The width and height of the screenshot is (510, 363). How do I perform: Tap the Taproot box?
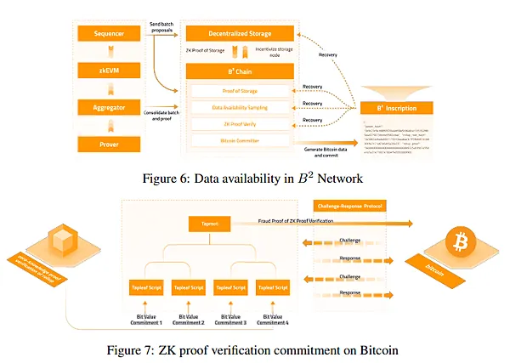(209, 223)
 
